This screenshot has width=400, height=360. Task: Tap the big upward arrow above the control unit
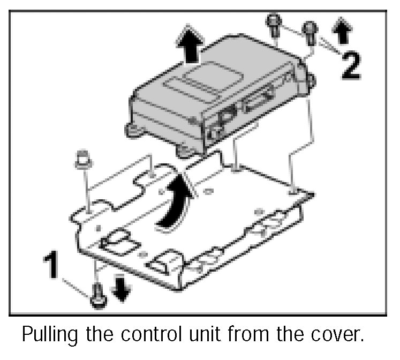191,46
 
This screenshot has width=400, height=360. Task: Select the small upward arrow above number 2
343,31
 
